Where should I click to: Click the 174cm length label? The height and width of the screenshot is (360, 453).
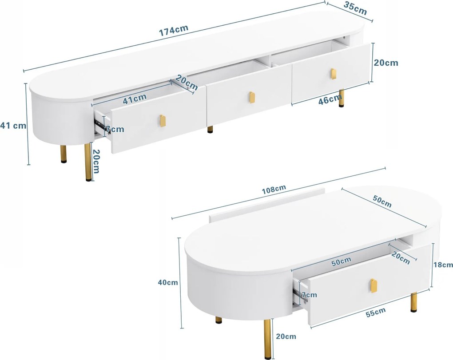(x=174, y=30)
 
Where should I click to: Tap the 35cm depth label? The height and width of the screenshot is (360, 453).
(x=355, y=8)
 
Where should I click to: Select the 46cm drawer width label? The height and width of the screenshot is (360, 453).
(x=330, y=99)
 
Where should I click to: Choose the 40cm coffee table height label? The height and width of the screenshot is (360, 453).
(x=168, y=282)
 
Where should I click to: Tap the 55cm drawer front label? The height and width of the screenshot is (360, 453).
(x=376, y=313)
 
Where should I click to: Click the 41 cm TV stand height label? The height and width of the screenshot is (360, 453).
(x=13, y=126)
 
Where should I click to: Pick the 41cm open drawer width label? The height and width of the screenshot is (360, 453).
(x=135, y=99)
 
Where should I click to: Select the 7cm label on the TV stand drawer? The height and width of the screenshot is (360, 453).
(x=115, y=129)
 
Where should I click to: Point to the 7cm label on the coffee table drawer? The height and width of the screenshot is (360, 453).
(x=309, y=295)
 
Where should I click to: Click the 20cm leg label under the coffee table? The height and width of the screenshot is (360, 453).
(x=286, y=336)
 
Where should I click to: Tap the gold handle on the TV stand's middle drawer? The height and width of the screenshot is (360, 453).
(x=251, y=97)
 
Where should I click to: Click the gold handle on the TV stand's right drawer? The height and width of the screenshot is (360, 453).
(x=334, y=73)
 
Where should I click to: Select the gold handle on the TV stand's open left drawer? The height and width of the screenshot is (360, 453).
(x=163, y=121)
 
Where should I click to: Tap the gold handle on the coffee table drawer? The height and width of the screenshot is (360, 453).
(x=374, y=286)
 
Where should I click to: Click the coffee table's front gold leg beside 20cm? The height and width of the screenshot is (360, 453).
(x=268, y=339)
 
